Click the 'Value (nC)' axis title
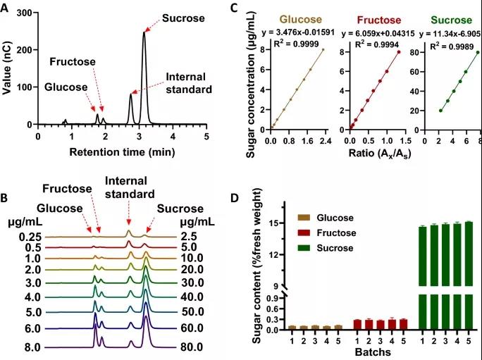(9, 68)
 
